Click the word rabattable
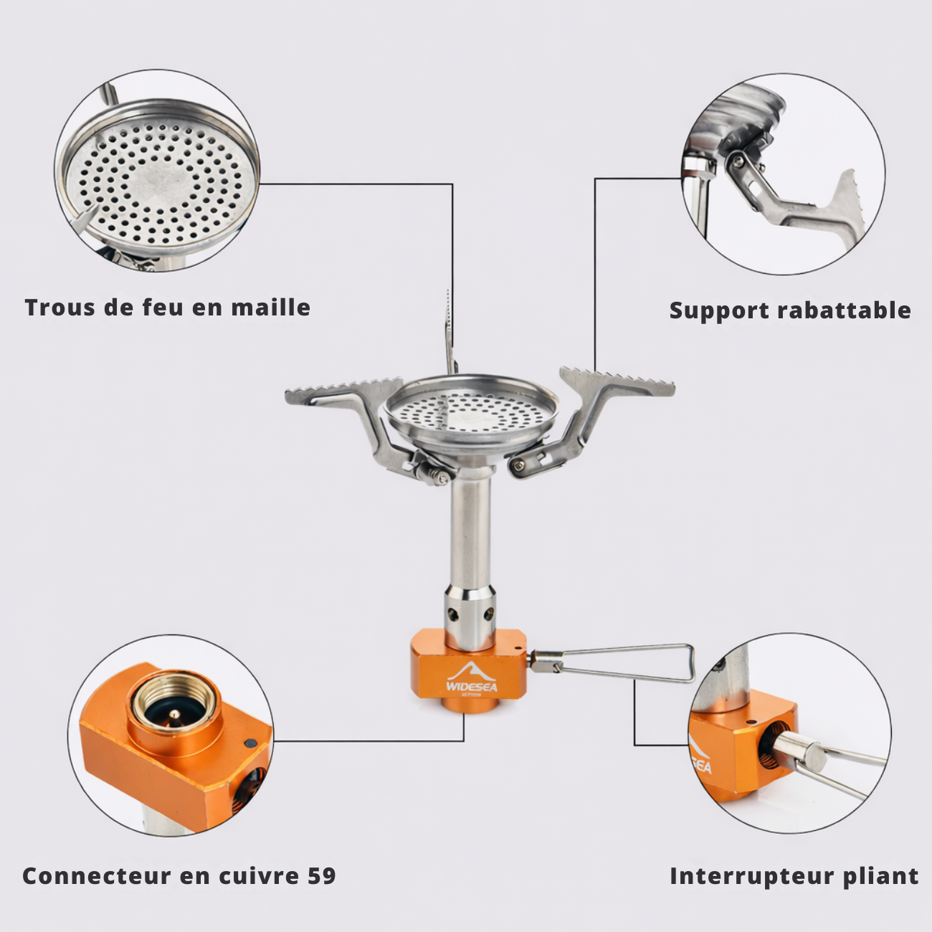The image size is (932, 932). pyautogui.click(x=844, y=310)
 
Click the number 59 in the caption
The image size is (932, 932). pyautogui.click(x=321, y=876)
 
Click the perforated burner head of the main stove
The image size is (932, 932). pyautogui.click(x=471, y=412)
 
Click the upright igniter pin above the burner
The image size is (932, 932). pyautogui.click(x=450, y=333)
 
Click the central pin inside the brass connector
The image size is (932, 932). pyautogui.click(x=174, y=715)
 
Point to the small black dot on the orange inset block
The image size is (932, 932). pyautogui.click(x=249, y=743)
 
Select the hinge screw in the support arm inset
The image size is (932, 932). pyautogui.click(x=738, y=161)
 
